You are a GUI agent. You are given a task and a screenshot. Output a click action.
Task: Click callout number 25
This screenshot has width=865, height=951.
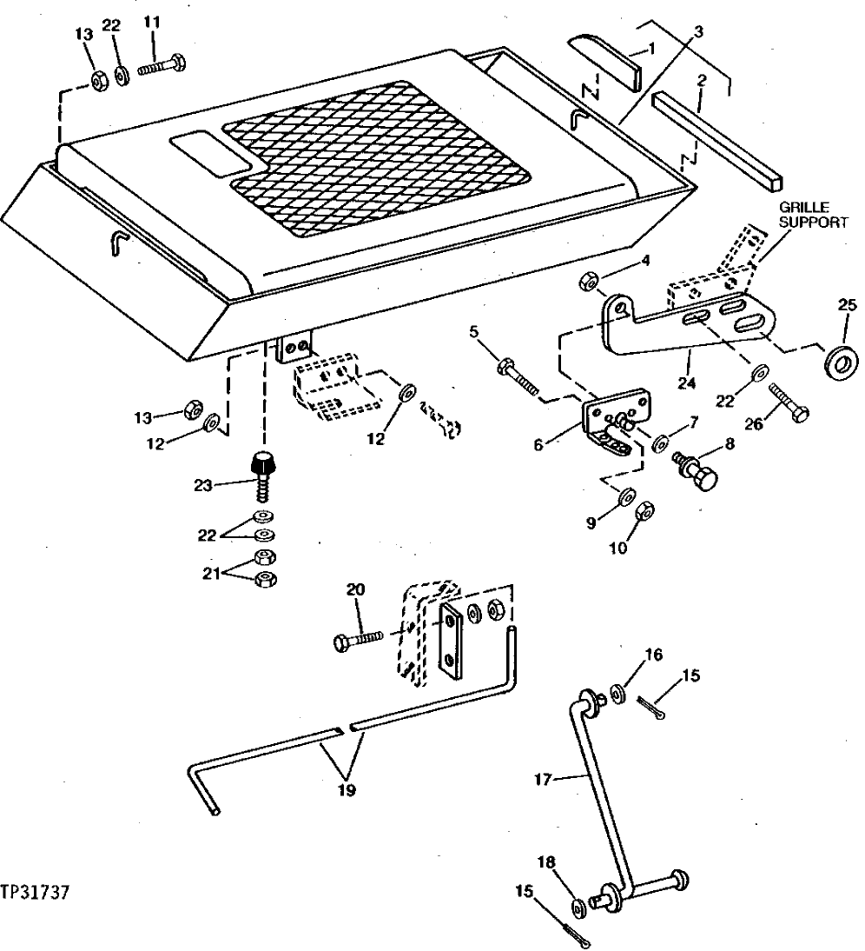point(847,305)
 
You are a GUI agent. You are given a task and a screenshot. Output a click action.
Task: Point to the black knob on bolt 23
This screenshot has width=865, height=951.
point(262,464)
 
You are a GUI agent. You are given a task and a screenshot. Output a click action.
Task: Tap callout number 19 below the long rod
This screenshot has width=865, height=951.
point(347,791)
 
